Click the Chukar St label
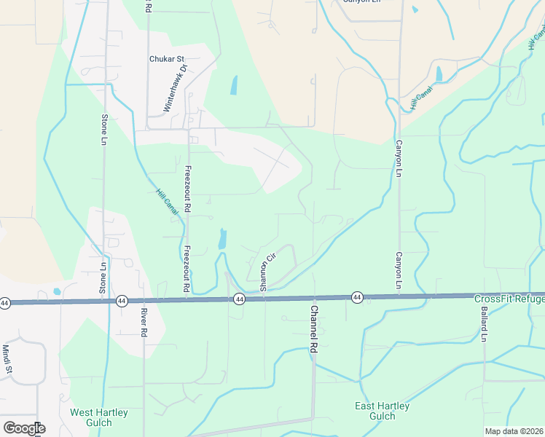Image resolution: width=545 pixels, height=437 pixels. click(x=168, y=59)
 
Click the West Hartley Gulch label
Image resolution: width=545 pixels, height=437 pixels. click(x=99, y=417)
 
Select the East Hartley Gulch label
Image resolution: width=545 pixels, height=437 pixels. click(x=382, y=411)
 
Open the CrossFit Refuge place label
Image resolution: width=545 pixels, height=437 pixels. click(x=509, y=299)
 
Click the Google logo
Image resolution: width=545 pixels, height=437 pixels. click(x=24, y=428)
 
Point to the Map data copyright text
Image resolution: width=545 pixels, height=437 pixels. click(x=513, y=431)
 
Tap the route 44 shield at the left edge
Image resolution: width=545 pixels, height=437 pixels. click(x=5, y=302)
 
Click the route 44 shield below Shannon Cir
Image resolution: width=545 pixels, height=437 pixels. click(x=239, y=299)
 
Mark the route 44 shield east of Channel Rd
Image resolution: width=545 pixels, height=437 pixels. click(x=357, y=297)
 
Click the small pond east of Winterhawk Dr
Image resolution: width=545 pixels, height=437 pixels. click(x=234, y=86)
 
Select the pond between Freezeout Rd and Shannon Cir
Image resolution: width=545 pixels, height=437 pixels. click(x=222, y=238)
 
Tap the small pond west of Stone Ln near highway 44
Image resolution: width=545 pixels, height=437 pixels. click(x=57, y=292)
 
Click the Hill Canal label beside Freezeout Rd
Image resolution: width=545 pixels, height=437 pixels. click(x=167, y=202)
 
